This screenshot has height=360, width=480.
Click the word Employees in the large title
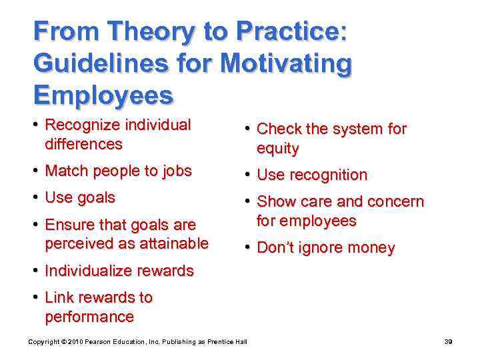(103, 96)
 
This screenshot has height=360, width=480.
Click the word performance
(89, 316)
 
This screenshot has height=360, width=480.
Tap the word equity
(277, 148)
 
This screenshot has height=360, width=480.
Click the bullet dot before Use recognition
(247, 175)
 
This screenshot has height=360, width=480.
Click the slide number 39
(449, 342)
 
